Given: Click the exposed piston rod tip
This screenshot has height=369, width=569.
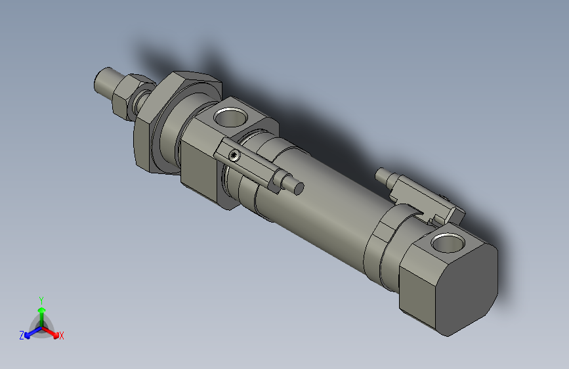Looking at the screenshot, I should (104, 82).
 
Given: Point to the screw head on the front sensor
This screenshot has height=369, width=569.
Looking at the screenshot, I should (235, 156).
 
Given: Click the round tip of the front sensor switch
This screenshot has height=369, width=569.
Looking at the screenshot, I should (299, 187).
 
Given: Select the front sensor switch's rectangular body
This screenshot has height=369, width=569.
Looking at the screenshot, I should (253, 164).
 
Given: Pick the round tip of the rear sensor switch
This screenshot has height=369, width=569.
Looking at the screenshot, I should (382, 175).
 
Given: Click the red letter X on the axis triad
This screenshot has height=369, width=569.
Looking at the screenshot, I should (62, 336).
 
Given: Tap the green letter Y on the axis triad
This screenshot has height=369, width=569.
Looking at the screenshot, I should (41, 299).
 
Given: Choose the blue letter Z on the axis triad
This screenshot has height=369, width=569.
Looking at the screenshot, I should (22, 336).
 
